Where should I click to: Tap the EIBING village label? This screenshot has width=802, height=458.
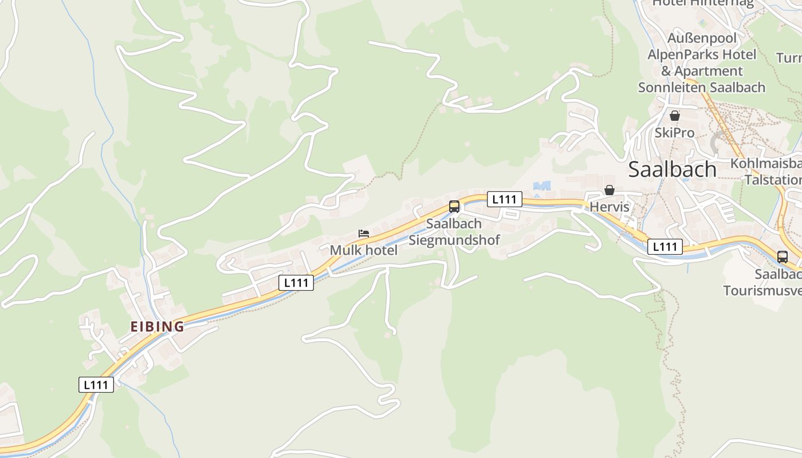(157, 327)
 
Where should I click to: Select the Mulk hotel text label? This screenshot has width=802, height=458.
(363, 250)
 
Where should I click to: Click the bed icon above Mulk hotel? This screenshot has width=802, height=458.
(363, 234)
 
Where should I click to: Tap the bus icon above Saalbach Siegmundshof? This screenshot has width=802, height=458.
(454, 207)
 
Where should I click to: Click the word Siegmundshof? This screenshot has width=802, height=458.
(454, 240)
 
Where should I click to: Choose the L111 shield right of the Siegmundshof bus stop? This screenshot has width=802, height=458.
(504, 199)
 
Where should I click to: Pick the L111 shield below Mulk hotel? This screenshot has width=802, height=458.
(296, 282)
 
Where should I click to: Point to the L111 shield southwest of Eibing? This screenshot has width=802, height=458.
(96, 385)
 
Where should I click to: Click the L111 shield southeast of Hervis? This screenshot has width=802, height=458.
(665, 247)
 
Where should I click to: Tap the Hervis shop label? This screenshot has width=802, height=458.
(610, 207)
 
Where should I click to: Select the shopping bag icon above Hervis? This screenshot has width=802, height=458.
(610, 190)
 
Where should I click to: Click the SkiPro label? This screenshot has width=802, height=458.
(675, 133)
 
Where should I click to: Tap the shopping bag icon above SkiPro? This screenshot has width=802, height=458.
(675, 116)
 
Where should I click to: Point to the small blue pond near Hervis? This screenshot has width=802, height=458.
(541, 186)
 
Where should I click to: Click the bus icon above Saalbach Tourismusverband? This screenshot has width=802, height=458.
(783, 257)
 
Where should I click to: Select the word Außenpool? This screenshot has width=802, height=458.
(702, 38)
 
